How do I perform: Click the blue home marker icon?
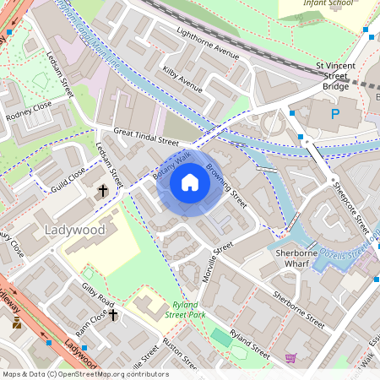pos(190,182)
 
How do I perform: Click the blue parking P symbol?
pos(334,113)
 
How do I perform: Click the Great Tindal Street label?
pos(146,137)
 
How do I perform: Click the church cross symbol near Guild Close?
pos(103,192)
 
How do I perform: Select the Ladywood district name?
pos(74,230)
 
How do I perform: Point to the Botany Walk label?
pos(171,165)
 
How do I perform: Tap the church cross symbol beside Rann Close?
pos(112,314)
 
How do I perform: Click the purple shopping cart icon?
pos(290,358)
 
